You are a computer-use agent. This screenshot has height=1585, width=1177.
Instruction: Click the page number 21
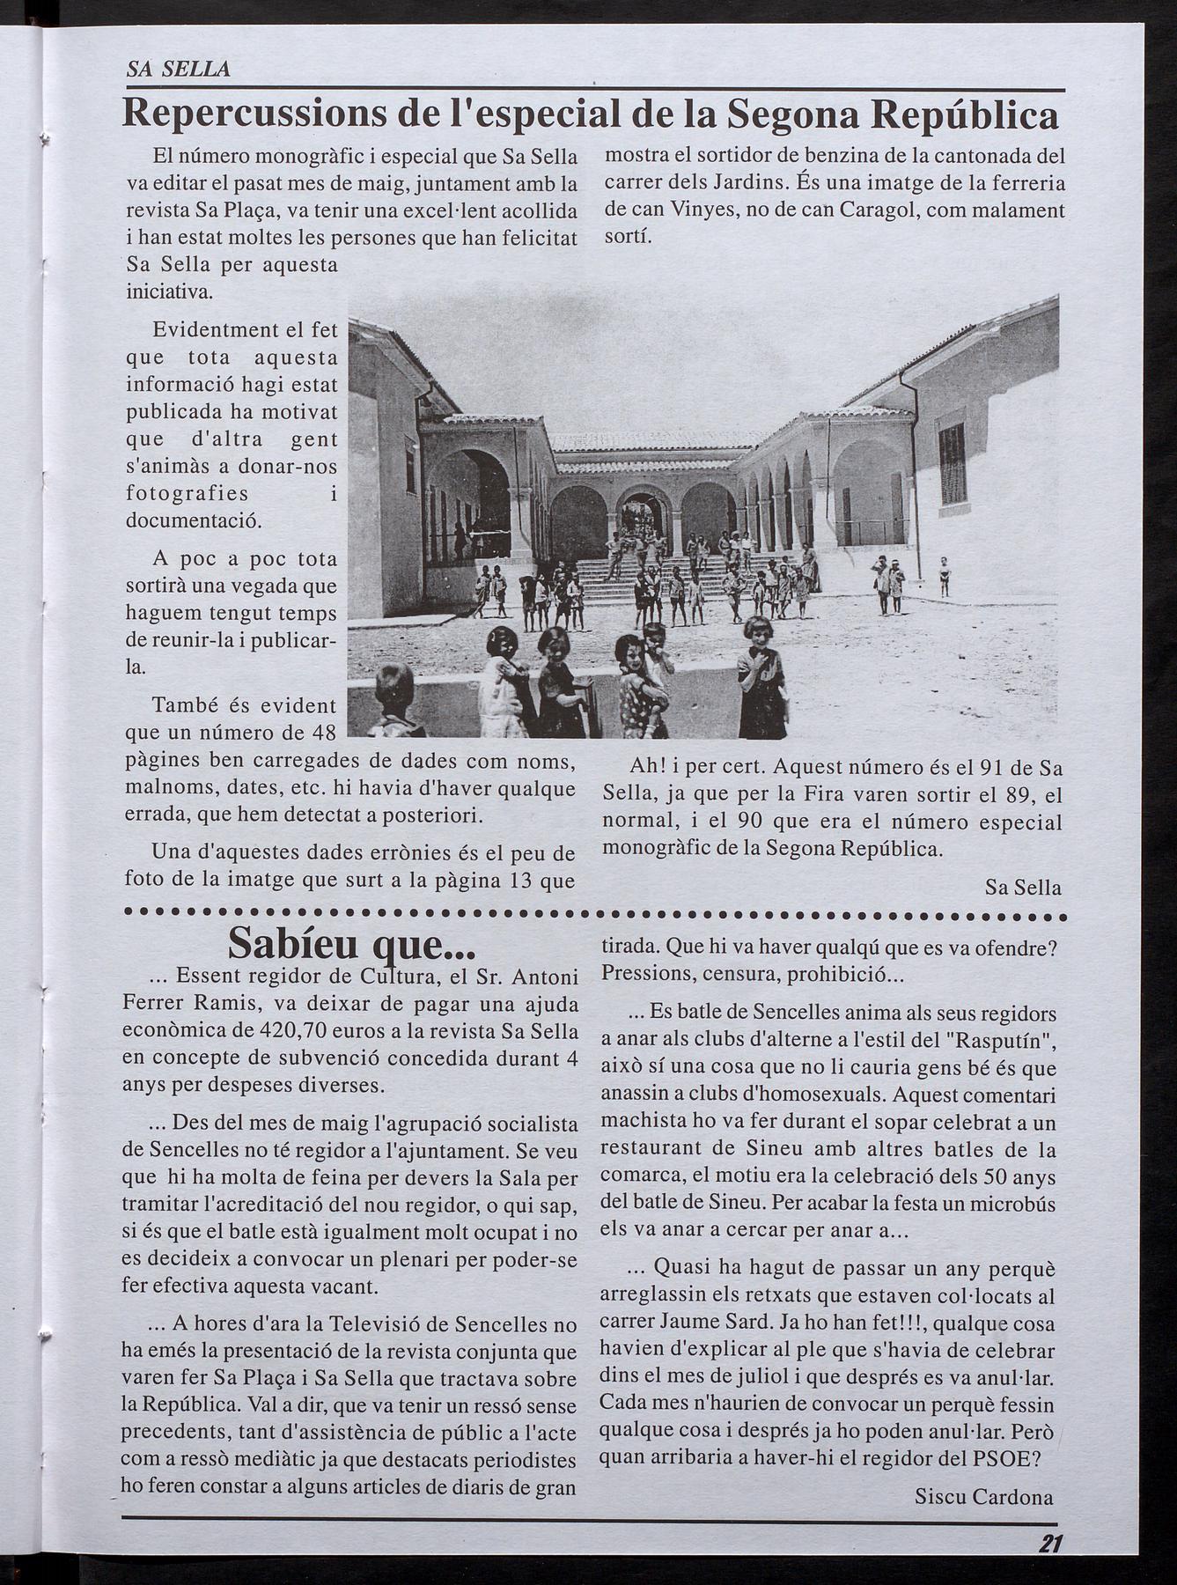pos(1050,1543)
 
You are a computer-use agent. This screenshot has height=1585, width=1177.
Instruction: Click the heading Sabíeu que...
pos(351,943)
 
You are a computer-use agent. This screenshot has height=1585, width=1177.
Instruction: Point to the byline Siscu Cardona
pos(983,1495)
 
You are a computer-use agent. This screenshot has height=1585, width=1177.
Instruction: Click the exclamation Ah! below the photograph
pos(648,768)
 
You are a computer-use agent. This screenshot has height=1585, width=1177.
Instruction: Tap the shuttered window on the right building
pos(953,463)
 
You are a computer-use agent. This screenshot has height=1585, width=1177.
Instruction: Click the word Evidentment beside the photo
pos(215,330)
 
